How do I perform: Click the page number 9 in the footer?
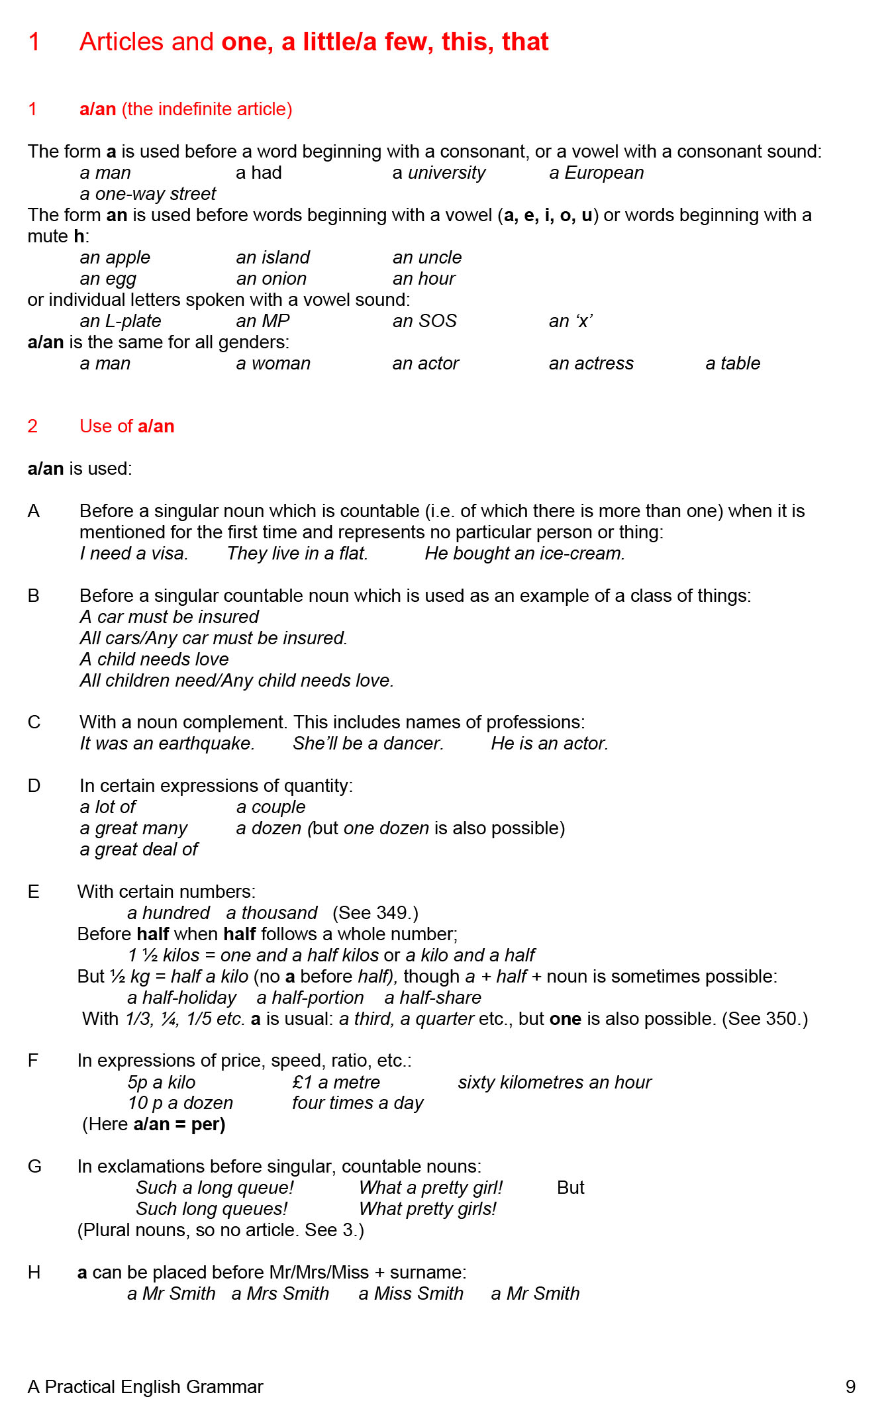click(x=850, y=1386)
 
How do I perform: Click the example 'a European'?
click(x=596, y=173)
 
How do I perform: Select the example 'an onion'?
click(x=272, y=279)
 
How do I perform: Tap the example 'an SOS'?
click(x=424, y=321)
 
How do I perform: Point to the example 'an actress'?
click(x=591, y=363)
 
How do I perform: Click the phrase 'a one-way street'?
click(x=148, y=194)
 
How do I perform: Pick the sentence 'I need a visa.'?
click(x=134, y=554)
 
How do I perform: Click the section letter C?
click(x=34, y=722)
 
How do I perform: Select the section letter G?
click(x=34, y=1167)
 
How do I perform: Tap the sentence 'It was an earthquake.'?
click(x=167, y=744)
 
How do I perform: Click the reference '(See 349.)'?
click(x=375, y=913)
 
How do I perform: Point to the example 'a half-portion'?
click(x=310, y=998)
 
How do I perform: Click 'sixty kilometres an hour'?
click(x=554, y=1083)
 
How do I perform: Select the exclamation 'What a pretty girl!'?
click(x=430, y=1188)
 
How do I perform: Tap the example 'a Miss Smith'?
click(x=411, y=1294)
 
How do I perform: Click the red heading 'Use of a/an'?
click(x=126, y=426)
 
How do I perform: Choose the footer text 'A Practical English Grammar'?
click(x=145, y=1386)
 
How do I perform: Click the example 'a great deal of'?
click(x=138, y=849)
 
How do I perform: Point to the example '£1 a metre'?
click(x=336, y=1083)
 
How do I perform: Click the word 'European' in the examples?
click(x=604, y=173)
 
